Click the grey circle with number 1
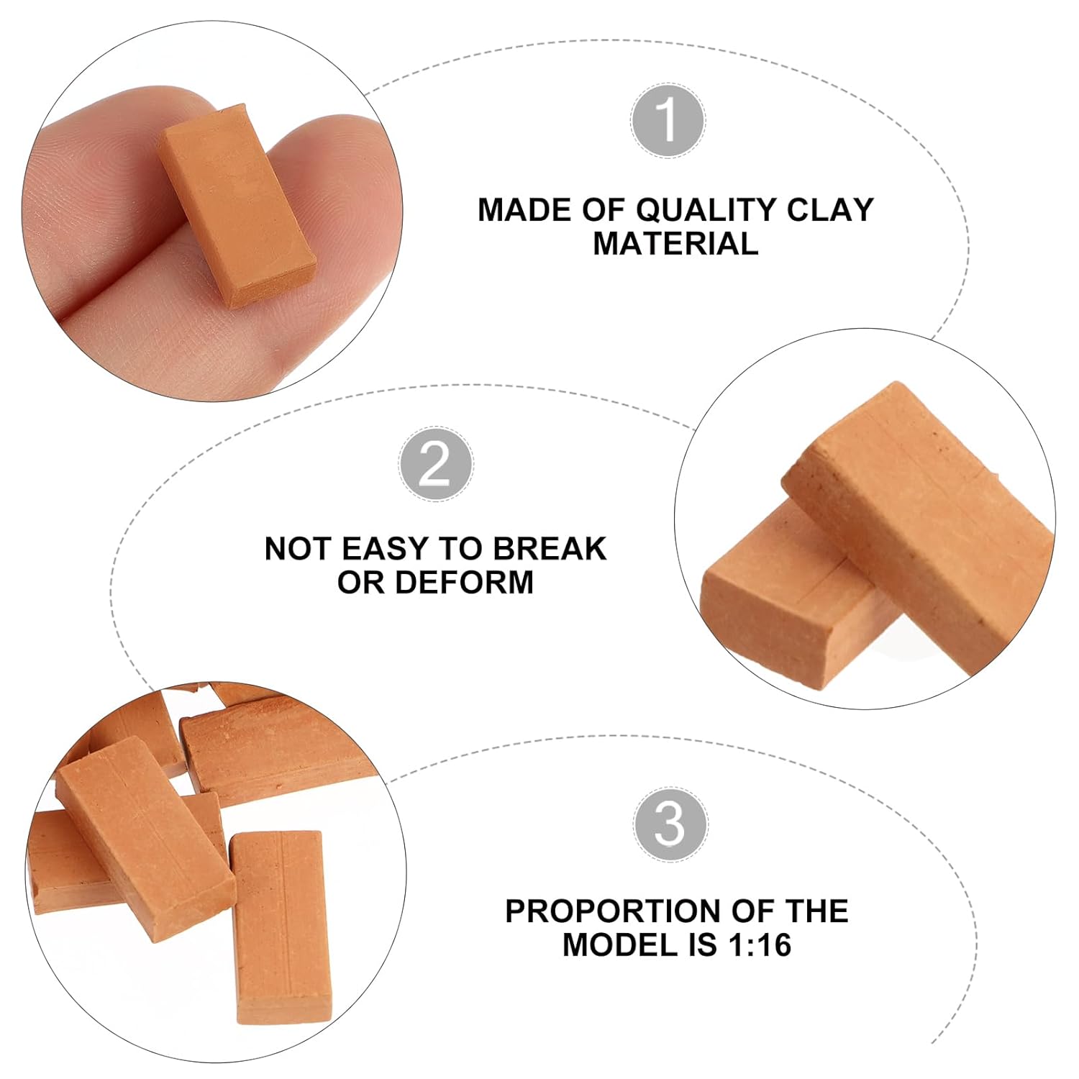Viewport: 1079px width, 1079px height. click(x=668, y=120)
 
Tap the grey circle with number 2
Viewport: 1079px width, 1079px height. click(x=436, y=464)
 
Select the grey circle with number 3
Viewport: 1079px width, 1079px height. click(x=670, y=824)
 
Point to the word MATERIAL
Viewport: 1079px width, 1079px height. click(x=675, y=244)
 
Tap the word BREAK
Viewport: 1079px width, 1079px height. click(x=549, y=549)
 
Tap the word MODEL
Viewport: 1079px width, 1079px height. click(x=621, y=944)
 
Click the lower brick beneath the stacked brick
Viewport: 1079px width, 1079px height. click(x=784, y=604)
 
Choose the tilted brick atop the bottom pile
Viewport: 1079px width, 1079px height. click(x=144, y=827)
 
